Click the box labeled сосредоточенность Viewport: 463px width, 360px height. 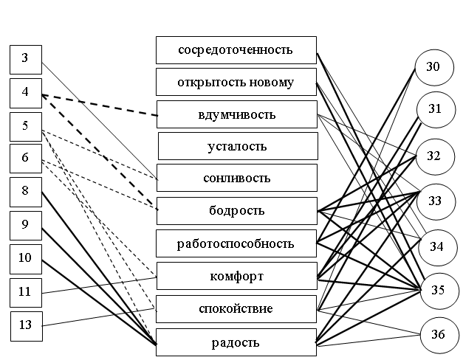tap(236, 50)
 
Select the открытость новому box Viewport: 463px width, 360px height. tap(236, 82)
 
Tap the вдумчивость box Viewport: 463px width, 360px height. tap(236, 114)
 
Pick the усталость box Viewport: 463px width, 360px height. tap(237, 146)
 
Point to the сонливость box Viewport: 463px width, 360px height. tap(236, 178)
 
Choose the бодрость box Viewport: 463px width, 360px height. tap(236, 211)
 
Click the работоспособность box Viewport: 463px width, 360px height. tap(236, 243)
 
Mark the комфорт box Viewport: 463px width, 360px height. tap(236, 276)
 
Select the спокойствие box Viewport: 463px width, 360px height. tap(236, 308)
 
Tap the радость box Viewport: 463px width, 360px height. tap(236, 342)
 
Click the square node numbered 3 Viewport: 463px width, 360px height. tap(25, 59)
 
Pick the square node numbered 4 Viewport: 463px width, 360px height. tap(25, 93)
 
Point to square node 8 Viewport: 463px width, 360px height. tap(25, 191)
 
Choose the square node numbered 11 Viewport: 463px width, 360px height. tap(25, 292)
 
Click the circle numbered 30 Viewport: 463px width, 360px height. tap(433, 67)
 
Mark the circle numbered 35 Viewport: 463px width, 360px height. tap(438, 290)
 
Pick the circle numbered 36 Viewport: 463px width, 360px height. tap(438, 334)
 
